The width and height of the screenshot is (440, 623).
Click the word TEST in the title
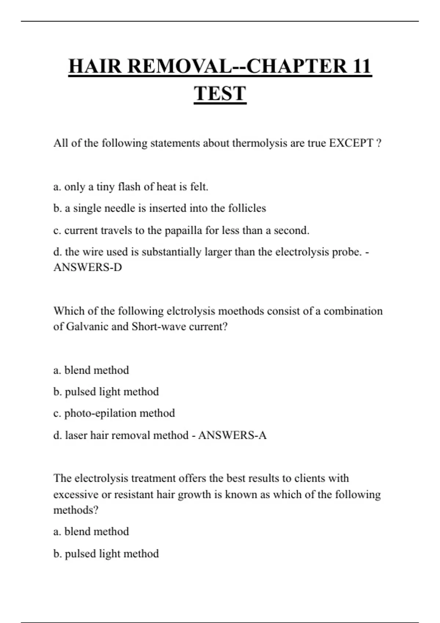(220, 93)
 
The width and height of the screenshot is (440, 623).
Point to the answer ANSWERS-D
(88, 267)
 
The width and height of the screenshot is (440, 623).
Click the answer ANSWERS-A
(232, 435)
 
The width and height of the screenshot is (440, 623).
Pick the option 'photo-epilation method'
(114, 413)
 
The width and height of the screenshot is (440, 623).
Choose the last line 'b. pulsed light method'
(106, 553)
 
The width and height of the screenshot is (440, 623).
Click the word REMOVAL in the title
(180, 66)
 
